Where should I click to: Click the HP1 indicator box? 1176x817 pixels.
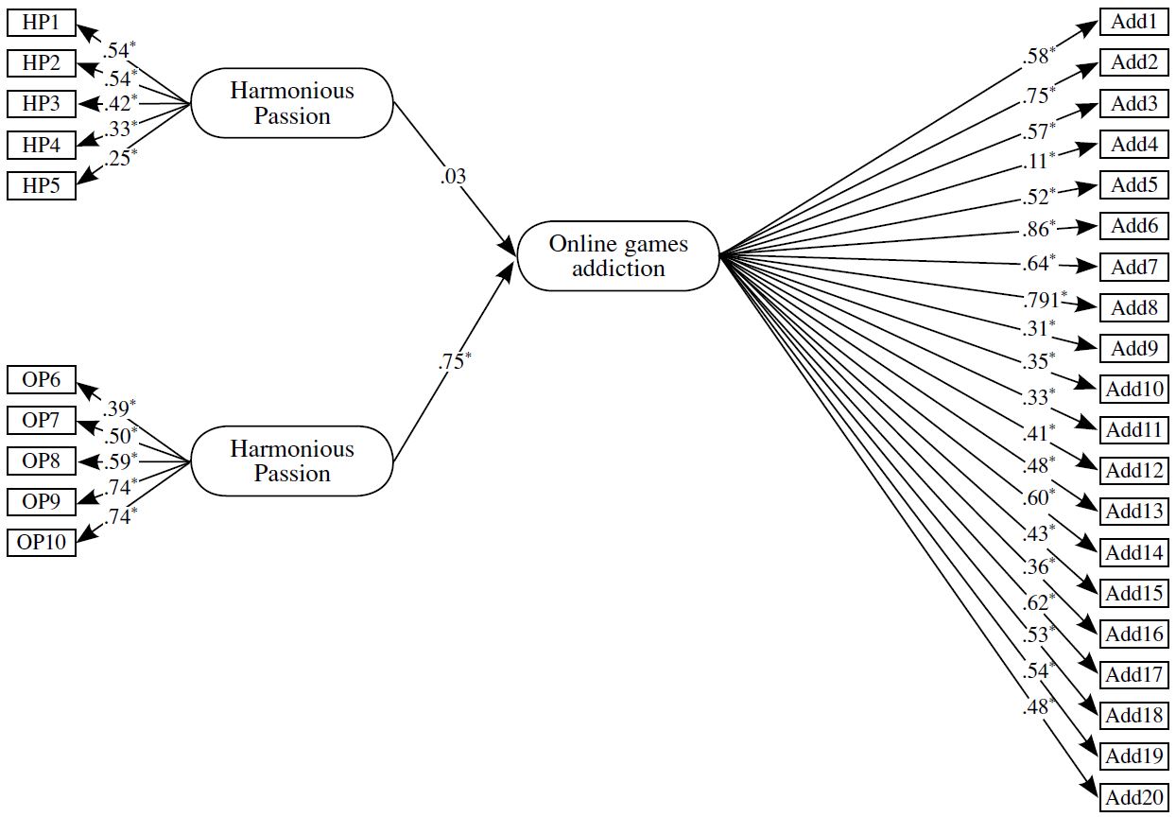pos(41,22)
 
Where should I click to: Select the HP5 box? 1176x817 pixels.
pos(41,186)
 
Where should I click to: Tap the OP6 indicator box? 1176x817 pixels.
pos(41,380)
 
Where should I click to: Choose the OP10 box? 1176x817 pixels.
pos(41,543)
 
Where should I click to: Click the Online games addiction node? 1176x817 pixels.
pos(618,255)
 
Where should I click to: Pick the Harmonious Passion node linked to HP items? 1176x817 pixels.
pos(292,103)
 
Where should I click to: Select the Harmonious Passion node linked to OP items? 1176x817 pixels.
pos(292,461)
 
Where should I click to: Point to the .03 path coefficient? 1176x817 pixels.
pos(454,176)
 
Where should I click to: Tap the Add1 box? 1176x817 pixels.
pos(1133,22)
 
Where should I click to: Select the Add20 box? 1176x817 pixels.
pos(1133,797)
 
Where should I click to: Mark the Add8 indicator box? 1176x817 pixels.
pos(1133,307)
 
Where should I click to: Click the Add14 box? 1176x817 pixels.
pos(1133,552)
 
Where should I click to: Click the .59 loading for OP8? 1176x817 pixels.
pos(118,462)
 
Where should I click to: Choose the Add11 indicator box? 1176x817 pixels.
pos(1133,430)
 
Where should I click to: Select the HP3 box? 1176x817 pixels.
pos(41,103)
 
